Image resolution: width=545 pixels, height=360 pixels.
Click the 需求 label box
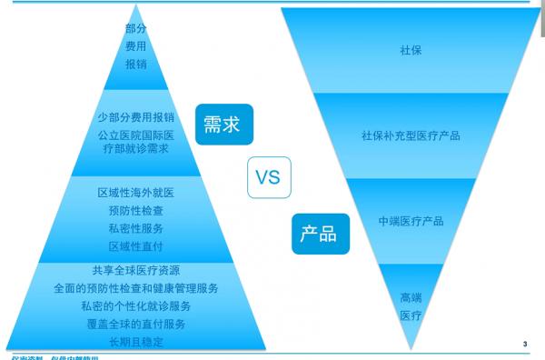(223, 124)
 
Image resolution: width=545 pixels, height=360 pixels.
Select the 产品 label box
(318, 234)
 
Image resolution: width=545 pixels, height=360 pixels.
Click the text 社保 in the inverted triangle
(411, 50)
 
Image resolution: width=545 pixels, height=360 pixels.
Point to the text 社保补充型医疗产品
(411, 136)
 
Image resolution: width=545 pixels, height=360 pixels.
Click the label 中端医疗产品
(411, 221)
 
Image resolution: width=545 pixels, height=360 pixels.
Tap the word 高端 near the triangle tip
(411, 297)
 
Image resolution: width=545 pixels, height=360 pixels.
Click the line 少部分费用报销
(136, 117)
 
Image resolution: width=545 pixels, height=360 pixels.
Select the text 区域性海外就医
(136, 193)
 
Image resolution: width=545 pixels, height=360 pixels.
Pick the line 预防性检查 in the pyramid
(136, 211)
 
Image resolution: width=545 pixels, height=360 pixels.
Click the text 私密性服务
(136, 228)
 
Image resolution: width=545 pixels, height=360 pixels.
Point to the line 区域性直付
(136, 246)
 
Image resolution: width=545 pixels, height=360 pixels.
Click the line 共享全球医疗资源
(136, 270)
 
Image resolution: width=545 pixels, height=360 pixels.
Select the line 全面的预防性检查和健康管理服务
(136, 288)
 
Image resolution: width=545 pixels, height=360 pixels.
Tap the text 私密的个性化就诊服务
(136, 306)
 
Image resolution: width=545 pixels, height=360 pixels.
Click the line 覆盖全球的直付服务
(136, 325)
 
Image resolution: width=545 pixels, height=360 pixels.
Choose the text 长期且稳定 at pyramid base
(136, 342)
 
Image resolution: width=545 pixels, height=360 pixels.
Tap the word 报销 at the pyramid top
(136, 65)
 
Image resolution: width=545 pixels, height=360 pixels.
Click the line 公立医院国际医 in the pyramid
(136, 135)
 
